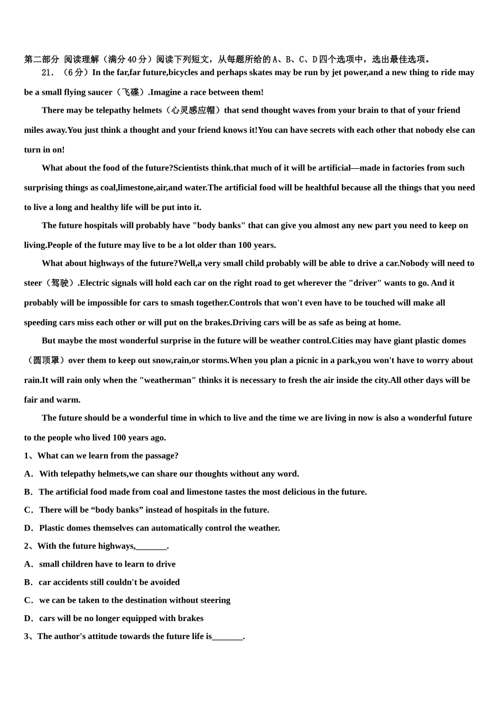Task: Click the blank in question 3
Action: (x=227, y=636)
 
